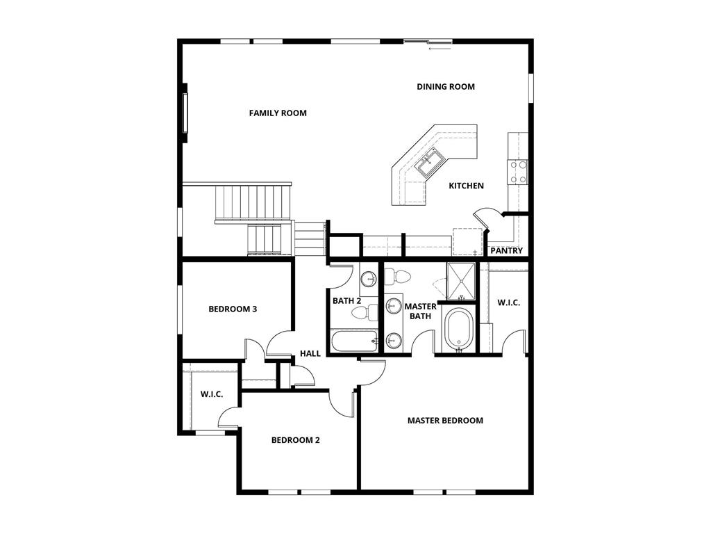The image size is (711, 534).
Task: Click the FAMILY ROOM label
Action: point(278,113)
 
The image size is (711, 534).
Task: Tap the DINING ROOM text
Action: point(446,87)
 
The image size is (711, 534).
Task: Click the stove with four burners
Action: point(518,172)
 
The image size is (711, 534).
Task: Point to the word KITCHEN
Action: point(466,186)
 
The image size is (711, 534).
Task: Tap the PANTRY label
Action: point(506,250)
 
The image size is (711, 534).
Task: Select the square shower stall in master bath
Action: point(461,281)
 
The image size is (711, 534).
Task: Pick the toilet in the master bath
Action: point(399,277)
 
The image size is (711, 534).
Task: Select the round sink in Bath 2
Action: point(369,280)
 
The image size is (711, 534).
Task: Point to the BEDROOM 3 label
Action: point(233,309)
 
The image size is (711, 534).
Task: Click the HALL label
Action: point(310,353)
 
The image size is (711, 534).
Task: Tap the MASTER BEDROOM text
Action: point(445,420)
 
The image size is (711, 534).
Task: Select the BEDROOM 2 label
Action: point(295,439)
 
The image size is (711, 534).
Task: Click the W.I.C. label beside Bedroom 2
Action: point(212,394)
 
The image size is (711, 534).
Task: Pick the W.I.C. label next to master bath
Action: point(508,302)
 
